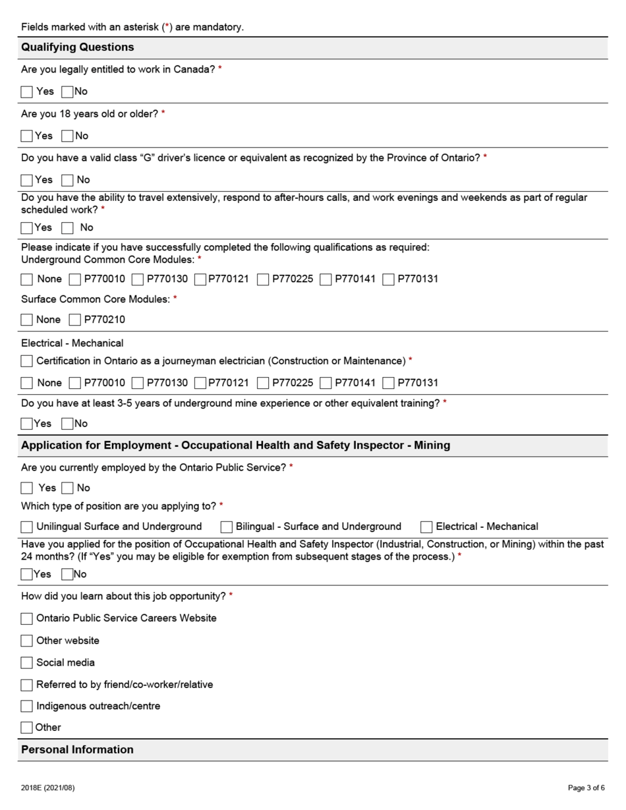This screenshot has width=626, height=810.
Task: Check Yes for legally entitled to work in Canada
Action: [x=26, y=92]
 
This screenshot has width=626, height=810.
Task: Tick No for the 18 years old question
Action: [x=67, y=136]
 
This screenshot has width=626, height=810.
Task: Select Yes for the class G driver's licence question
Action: [x=26, y=180]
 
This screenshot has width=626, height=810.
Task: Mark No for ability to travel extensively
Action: [x=67, y=228]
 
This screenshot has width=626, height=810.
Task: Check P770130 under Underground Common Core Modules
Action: [x=138, y=279]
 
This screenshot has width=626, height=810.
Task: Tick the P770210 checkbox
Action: [x=75, y=320]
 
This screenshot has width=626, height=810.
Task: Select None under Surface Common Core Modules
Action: [x=26, y=320]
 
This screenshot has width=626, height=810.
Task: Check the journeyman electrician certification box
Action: [x=26, y=361]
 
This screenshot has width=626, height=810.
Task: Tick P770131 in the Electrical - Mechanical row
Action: [x=389, y=383]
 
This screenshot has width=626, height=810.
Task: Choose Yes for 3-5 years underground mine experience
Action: [x=26, y=424]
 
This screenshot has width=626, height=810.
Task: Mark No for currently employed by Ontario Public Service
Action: [x=67, y=488]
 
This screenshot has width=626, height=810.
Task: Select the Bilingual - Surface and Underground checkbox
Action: [x=227, y=527]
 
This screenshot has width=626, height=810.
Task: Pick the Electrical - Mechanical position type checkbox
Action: [x=426, y=527]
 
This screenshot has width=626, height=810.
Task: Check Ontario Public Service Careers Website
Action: [x=26, y=619]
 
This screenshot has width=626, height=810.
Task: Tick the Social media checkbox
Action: [x=26, y=662]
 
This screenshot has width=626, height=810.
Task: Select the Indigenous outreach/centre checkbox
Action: [x=26, y=707]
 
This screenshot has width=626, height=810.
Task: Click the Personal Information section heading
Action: [x=77, y=750]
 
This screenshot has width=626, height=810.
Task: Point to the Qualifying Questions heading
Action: [x=77, y=47]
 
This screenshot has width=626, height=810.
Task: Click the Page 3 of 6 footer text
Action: [x=586, y=788]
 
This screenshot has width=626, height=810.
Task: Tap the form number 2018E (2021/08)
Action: [x=47, y=788]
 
